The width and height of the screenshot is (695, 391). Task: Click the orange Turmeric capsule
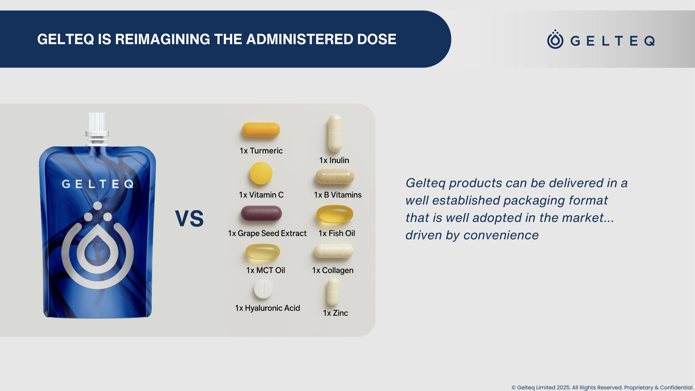click(261, 130)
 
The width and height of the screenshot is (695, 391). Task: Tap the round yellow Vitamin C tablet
click(261, 173)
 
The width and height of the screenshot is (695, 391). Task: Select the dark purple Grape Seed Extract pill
click(261, 213)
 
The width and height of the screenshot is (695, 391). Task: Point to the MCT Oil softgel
click(263, 252)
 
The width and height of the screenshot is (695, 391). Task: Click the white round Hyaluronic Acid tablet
click(263, 289)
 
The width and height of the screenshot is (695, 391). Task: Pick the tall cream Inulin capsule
click(335, 132)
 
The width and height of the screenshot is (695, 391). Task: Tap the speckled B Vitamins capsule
click(335, 176)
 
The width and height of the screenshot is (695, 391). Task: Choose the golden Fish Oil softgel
click(335, 214)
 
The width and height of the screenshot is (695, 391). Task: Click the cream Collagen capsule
click(334, 251)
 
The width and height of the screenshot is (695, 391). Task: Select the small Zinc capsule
click(333, 292)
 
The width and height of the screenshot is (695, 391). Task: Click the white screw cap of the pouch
click(97, 123)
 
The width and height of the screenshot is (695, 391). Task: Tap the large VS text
click(189, 219)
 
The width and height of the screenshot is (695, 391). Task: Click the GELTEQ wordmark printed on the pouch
click(98, 184)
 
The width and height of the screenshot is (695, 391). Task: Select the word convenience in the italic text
click(501, 235)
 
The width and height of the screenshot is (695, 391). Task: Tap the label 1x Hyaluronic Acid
click(268, 308)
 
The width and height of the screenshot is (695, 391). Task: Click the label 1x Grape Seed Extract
click(267, 234)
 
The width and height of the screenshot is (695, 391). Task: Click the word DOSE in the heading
click(377, 39)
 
